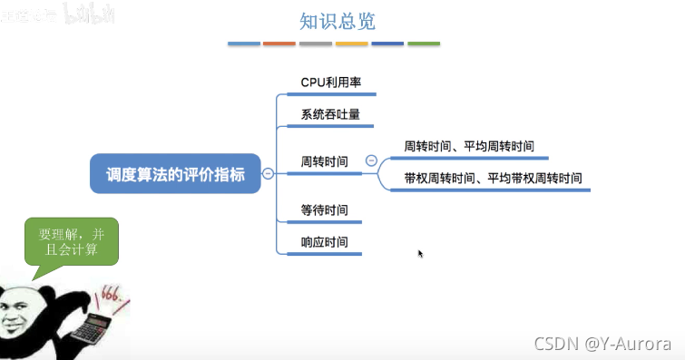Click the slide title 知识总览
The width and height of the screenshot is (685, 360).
tap(338, 21)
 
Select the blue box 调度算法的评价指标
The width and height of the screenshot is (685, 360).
tap(175, 173)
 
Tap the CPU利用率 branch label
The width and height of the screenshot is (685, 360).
tap(331, 83)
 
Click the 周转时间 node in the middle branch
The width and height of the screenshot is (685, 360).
tap(324, 161)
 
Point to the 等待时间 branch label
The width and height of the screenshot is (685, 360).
tap(324, 210)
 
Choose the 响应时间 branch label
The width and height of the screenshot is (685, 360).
tap(324, 242)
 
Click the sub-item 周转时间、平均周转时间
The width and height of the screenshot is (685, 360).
tap(469, 146)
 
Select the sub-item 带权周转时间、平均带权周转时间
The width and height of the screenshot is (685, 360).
tap(494, 178)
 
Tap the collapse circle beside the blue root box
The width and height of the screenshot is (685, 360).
tap(268, 173)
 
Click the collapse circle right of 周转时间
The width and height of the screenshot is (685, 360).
tap(370, 161)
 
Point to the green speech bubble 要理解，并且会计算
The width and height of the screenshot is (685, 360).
tap(72, 242)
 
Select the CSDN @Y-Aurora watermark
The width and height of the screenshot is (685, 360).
tap(602, 344)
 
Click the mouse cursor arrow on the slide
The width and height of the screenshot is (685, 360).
tap(420, 253)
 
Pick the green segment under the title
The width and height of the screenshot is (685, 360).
tap(424, 43)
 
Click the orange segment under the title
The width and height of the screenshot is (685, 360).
tap(279, 43)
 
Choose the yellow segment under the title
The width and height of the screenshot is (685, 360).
tap(351, 43)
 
